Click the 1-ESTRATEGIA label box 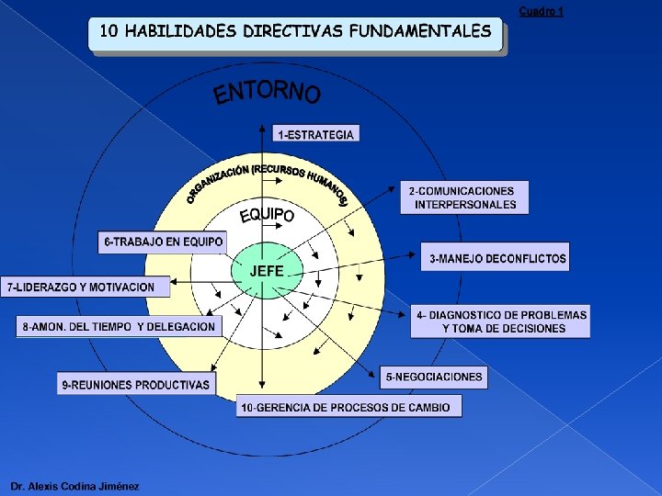pyautogui.click(x=315, y=134)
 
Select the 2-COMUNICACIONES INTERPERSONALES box pyautogui.click(x=464, y=197)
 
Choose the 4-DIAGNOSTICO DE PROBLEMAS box pyautogui.click(x=500, y=321)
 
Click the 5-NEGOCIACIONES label pyautogui.click(x=434, y=377)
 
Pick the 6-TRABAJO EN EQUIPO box pyautogui.click(x=163, y=242)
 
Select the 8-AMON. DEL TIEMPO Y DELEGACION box pyautogui.click(x=120, y=326)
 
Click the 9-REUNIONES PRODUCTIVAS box pyautogui.click(x=136, y=384)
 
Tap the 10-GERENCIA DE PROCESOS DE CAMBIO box pyautogui.click(x=348, y=407)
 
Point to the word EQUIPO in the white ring pyautogui.click(x=267, y=215)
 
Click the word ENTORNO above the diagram pyautogui.click(x=267, y=93)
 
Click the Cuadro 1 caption pyautogui.click(x=541, y=11)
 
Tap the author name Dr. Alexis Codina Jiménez pyautogui.click(x=74, y=486)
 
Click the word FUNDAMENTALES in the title pyautogui.click(x=419, y=31)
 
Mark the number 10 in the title pyautogui.click(x=108, y=31)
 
